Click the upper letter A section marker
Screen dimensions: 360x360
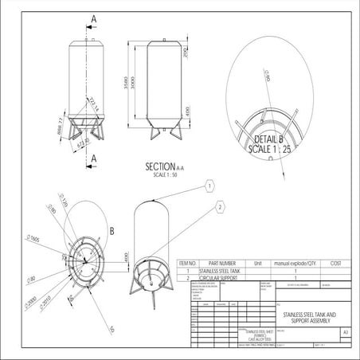(94, 17)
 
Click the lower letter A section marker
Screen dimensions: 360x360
(94, 158)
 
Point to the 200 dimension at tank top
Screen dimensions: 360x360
(185, 53)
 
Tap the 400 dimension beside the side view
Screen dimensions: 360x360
(185, 112)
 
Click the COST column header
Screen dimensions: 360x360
(335, 262)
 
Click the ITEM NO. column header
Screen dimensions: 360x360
(187, 262)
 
